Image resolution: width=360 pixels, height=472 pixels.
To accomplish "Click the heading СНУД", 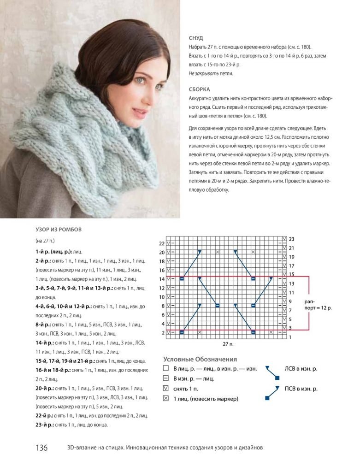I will click(195, 38).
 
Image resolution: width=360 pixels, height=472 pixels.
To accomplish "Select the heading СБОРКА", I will click(200, 89).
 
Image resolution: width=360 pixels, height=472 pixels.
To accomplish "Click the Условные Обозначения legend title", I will click(200, 359).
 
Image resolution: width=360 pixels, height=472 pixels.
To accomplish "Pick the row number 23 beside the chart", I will click(291, 239).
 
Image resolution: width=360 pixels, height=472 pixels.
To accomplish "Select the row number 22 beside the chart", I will click(161, 243).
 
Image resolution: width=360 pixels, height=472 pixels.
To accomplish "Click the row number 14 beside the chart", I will click(161, 279).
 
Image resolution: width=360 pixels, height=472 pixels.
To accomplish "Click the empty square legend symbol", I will click(166, 369).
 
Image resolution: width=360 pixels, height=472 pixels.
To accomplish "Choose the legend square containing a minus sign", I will click(166, 379).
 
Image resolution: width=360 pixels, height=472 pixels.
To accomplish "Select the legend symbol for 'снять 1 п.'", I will click(166, 389).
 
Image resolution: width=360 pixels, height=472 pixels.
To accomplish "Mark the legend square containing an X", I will click(166, 399).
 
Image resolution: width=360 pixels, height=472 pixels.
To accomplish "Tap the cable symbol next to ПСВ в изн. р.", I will click(272, 392).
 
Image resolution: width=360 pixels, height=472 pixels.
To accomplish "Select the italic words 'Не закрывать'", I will click(205, 73).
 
